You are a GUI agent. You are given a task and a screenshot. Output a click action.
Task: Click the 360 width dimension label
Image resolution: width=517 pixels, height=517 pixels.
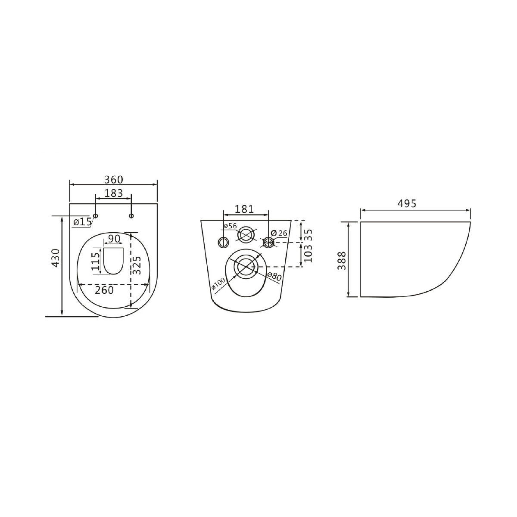click(113, 180)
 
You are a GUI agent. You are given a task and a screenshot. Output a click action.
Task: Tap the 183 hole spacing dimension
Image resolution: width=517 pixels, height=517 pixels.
click(113, 193)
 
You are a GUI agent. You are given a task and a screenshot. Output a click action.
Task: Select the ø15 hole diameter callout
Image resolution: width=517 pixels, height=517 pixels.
click(83, 221)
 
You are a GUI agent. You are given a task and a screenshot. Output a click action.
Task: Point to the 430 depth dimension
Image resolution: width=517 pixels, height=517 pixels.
click(56, 258)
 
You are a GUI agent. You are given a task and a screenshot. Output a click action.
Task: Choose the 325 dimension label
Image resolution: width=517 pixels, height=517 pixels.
click(137, 265)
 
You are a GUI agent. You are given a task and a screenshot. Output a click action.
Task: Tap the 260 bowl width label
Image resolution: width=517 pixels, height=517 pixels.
click(104, 290)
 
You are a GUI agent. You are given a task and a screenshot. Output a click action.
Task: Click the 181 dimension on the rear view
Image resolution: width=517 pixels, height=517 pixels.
click(244, 209)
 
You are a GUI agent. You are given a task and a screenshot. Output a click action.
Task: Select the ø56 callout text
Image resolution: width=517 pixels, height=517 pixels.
click(230, 226)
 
